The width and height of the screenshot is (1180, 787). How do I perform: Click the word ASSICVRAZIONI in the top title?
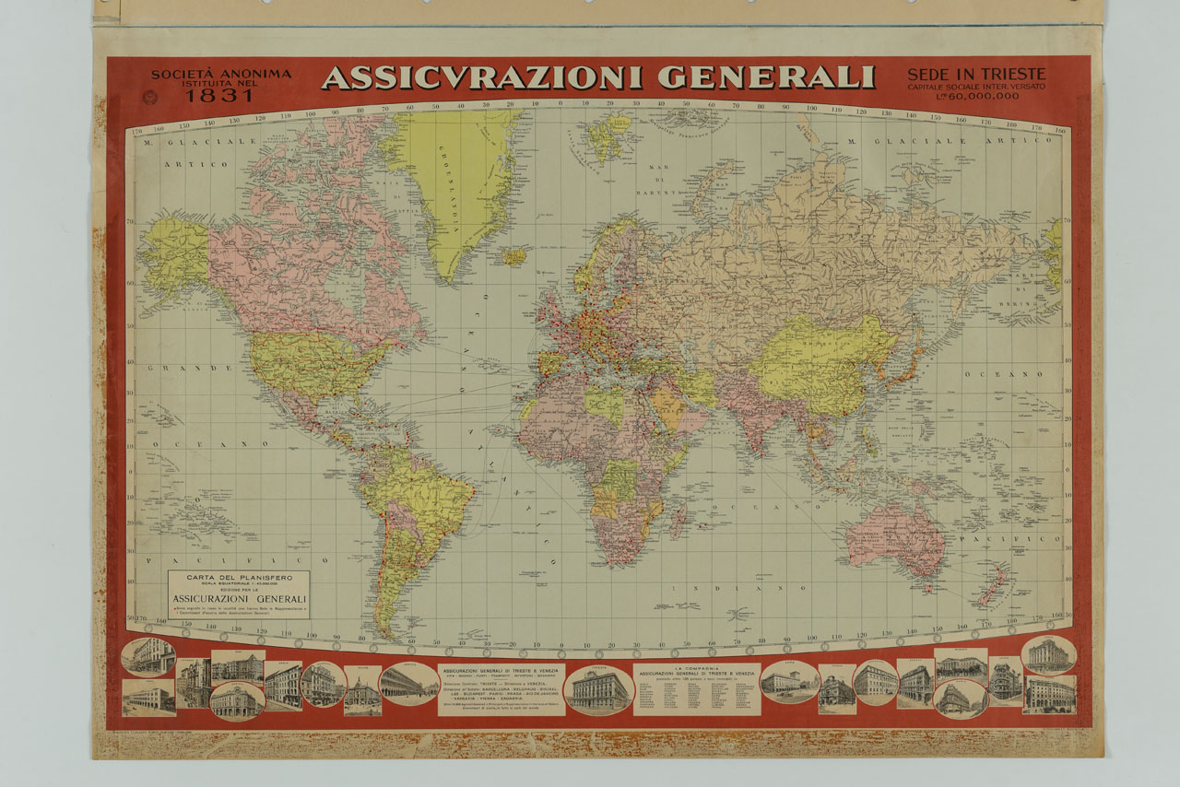point(480,77)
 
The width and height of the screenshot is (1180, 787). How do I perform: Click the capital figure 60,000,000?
point(983,96)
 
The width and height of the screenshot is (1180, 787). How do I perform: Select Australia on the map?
point(895,534)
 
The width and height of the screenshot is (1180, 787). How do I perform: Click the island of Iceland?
point(513,255)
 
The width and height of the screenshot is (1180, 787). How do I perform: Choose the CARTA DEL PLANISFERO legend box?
point(239,593)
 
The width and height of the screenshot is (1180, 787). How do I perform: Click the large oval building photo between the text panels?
point(599,689)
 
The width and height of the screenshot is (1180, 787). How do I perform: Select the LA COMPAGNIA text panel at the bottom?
point(696,689)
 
